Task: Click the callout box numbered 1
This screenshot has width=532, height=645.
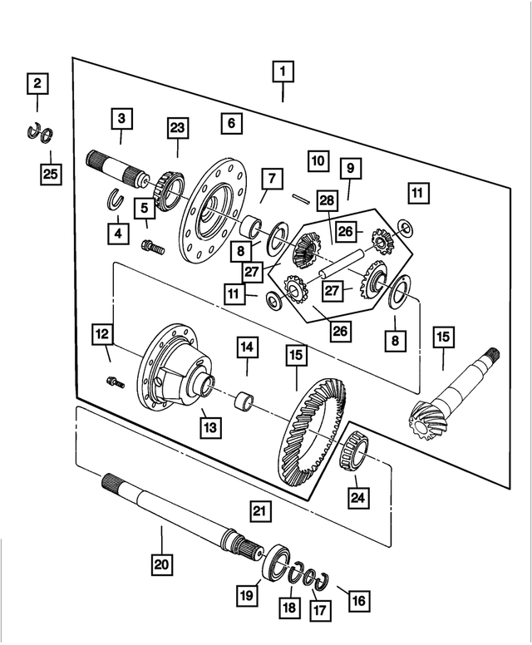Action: pyautogui.click(x=283, y=73)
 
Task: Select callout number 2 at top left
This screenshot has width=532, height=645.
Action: pyautogui.click(x=37, y=83)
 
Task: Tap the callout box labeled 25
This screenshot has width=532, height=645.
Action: pyautogui.click(x=51, y=175)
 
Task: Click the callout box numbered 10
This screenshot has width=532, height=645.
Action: pyautogui.click(x=318, y=160)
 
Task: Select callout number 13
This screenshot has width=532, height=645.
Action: pyautogui.click(x=209, y=426)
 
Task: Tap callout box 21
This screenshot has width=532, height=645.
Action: pyautogui.click(x=260, y=510)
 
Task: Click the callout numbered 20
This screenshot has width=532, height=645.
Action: pyautogui.click(x=161, y=564)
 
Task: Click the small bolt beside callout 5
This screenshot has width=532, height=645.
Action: pyautogui.click(x=152, y=247)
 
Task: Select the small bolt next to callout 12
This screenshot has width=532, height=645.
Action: pyautogui.click(x=115, y=382)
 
